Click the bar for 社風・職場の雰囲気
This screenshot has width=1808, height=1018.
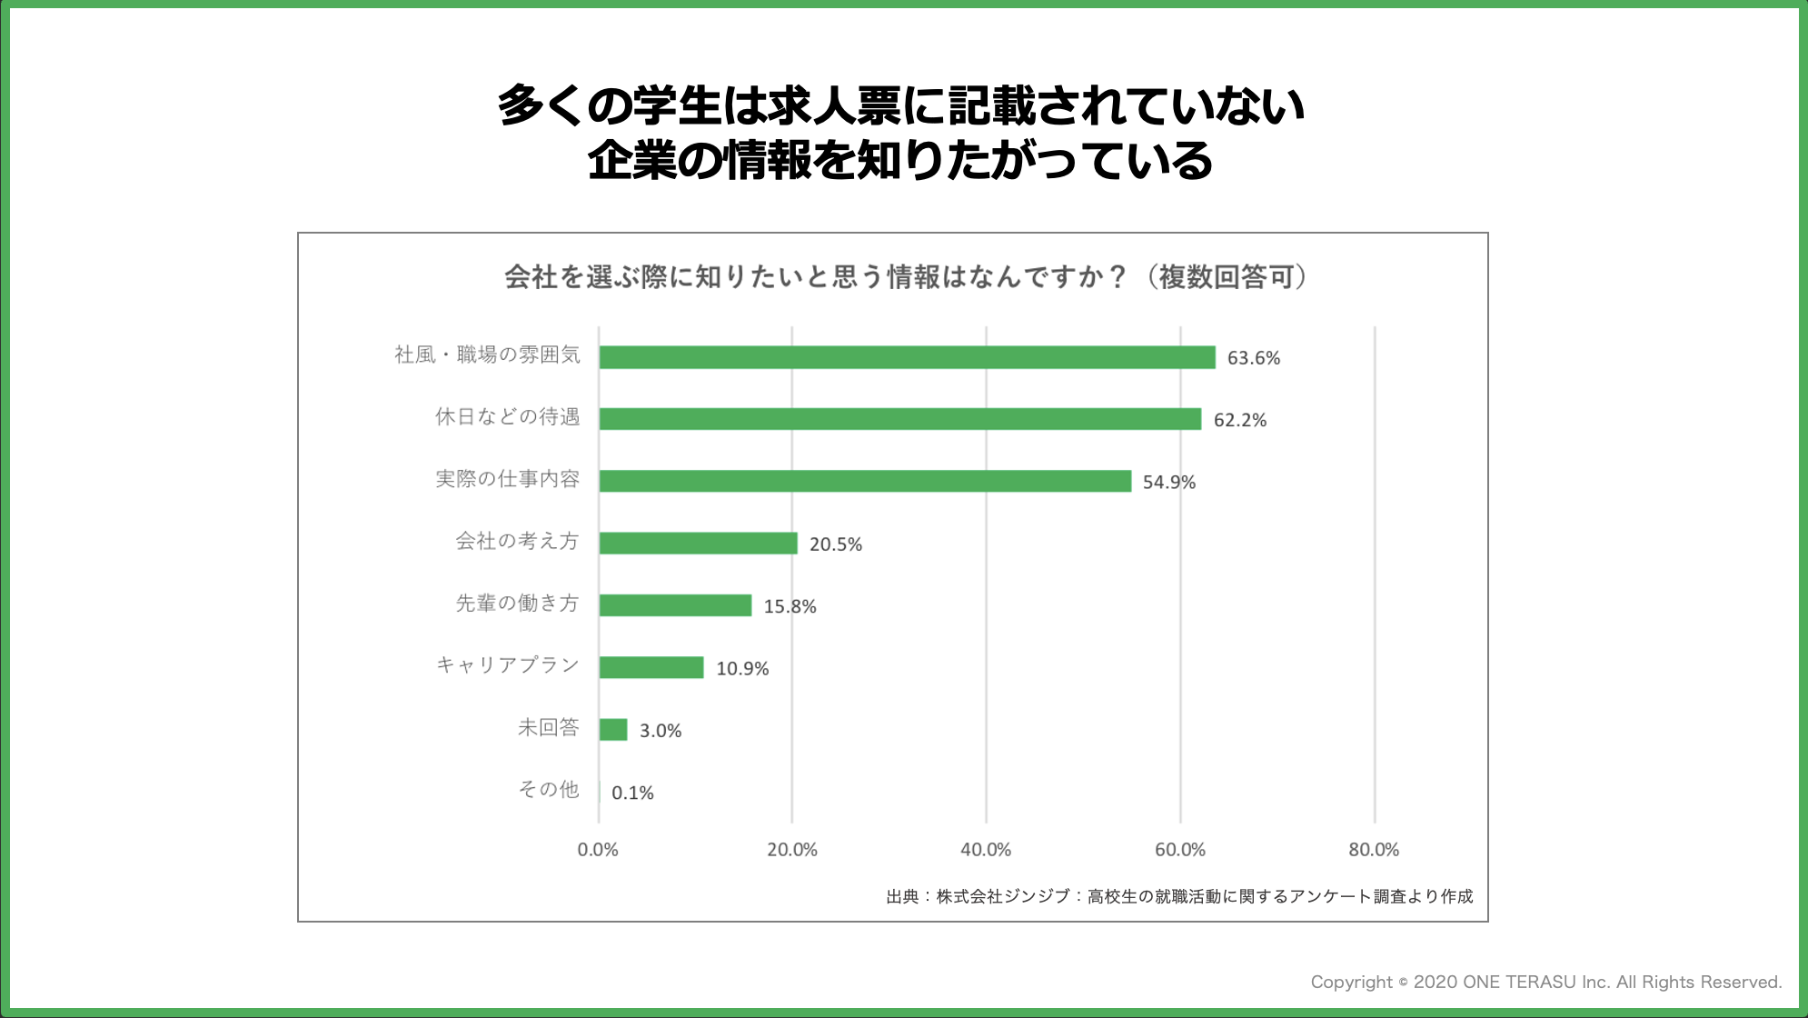point(907,357)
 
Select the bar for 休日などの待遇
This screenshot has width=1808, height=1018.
point(899,419)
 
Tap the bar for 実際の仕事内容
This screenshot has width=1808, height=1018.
point(865,481)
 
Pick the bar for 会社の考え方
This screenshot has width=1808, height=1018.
point(698,544)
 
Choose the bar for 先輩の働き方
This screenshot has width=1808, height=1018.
point(675,605)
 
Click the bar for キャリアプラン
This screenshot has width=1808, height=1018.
point(651,667)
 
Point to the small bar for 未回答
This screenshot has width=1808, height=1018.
point(613,730)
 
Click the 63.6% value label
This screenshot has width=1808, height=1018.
point(1253,358)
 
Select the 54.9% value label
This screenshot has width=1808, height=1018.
point(1168,483)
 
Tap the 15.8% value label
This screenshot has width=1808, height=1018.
point(790,606)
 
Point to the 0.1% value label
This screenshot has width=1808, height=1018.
point(632,793)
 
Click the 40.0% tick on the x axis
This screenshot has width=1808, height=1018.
point(986,850)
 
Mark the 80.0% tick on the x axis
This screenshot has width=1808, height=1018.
point(1374,850)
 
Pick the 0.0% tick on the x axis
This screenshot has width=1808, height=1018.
point(598,850)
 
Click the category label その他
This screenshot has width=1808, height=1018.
point(549,789)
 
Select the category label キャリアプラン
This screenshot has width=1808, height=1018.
point(508,665)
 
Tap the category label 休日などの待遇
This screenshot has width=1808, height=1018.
point(507,417)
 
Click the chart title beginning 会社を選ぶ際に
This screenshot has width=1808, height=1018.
point(906,276)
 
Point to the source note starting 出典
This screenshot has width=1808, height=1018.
point(1179,896)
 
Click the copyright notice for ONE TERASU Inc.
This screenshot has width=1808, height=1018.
point(1545,982)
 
